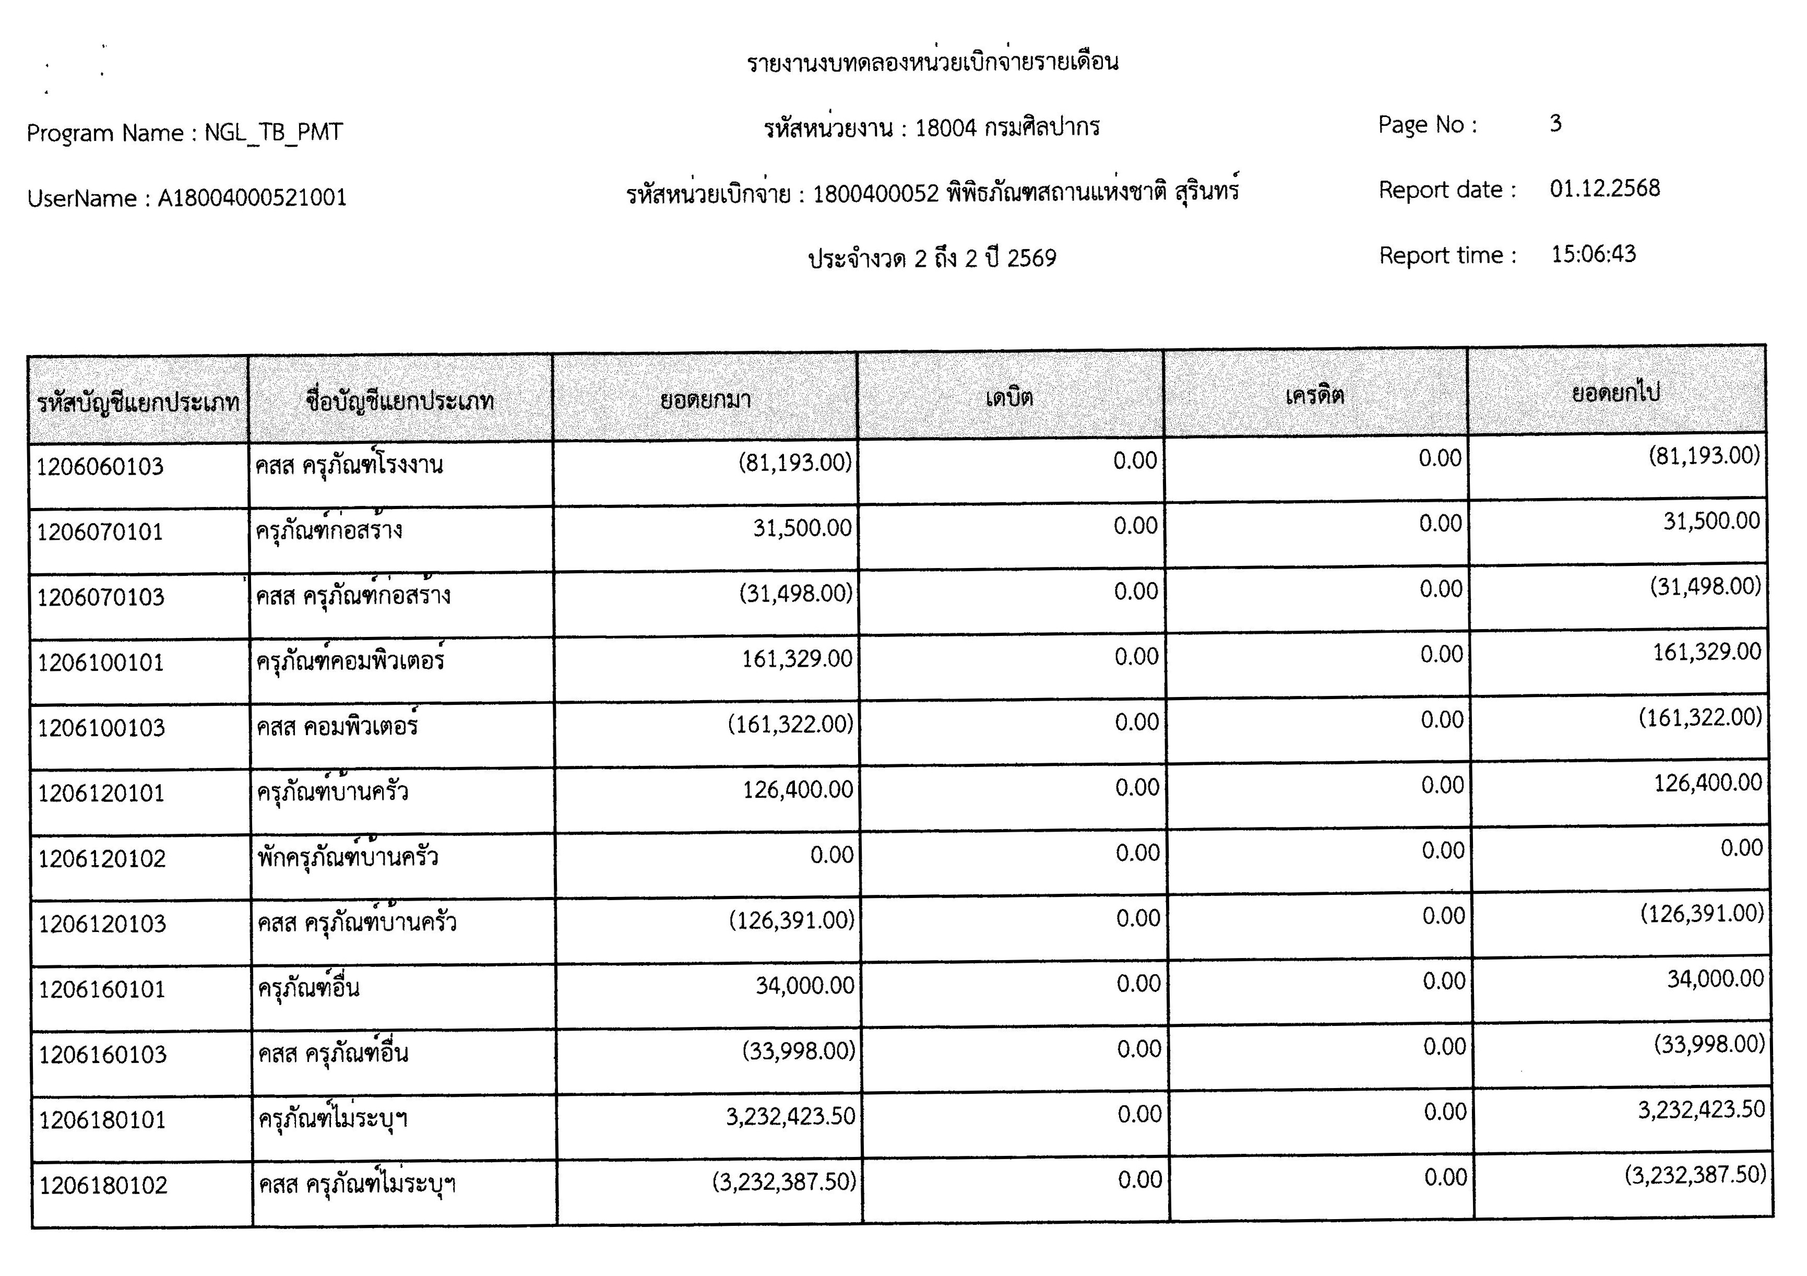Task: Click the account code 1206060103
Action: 100,467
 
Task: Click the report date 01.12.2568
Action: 1604,189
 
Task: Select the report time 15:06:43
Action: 1593,254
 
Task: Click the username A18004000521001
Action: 252,197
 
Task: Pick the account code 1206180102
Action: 103,1186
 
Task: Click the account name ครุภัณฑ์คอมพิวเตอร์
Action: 350,659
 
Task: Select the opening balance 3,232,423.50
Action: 790,1116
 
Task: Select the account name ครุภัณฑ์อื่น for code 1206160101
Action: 308,988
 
